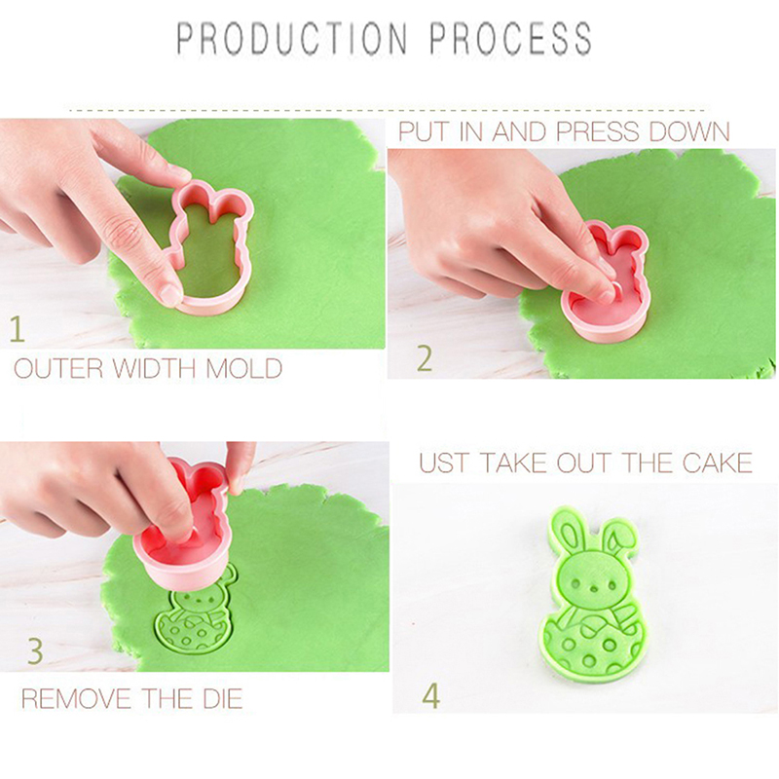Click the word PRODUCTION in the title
coord(292,38)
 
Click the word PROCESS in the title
coord(510,38)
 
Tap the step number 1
coord(17,329)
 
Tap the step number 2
coord(425,358)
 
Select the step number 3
coord(35,650)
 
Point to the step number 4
coord(430,696)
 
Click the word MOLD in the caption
coord(243,369)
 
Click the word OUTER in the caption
coord(58,369)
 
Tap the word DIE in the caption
coord(223,698)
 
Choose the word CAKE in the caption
coord(718,464)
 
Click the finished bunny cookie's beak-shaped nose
coord(593,588)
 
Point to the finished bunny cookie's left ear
coord(568,532)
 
